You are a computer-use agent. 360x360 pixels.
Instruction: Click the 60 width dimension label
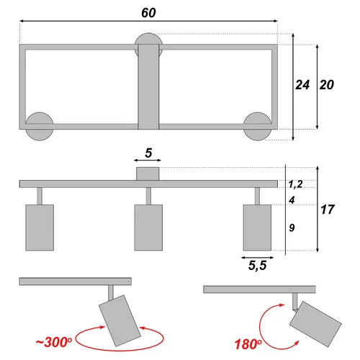click(x=148, y=13)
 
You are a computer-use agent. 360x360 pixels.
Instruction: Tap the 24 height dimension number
click(x=302, y=85)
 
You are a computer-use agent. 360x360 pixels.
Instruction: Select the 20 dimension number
click(x=327, y=85)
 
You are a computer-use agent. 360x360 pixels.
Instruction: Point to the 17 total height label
click(x=328, y=210)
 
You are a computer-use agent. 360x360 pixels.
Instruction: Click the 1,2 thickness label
click(x=295, y=184)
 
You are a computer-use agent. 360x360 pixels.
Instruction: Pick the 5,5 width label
click(x=257, y=266)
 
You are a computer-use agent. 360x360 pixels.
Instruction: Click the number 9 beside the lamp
click(x=292, y=228)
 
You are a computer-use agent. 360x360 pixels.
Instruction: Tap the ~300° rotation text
click(x=54, y=342)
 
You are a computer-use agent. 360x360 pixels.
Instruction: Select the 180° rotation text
click(x=248, y=344)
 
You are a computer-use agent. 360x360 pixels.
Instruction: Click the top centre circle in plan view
click(x=148, y=38)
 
